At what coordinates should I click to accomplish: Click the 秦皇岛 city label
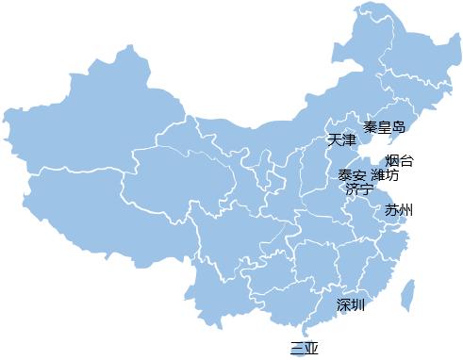point(385,126)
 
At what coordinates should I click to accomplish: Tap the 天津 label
point(341,140)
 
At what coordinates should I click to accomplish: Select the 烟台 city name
point(399,160)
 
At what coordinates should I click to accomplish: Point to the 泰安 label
point(353,175)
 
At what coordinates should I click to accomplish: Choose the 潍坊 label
point(385,175)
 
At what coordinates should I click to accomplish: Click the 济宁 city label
point(358,189)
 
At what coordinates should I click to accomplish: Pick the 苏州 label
point(399,209)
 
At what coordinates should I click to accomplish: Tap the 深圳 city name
point(351,304)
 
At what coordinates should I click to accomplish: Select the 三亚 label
point(305,348)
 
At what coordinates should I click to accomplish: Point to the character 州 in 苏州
point(406,209)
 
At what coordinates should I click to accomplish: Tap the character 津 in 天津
point(349,140)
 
